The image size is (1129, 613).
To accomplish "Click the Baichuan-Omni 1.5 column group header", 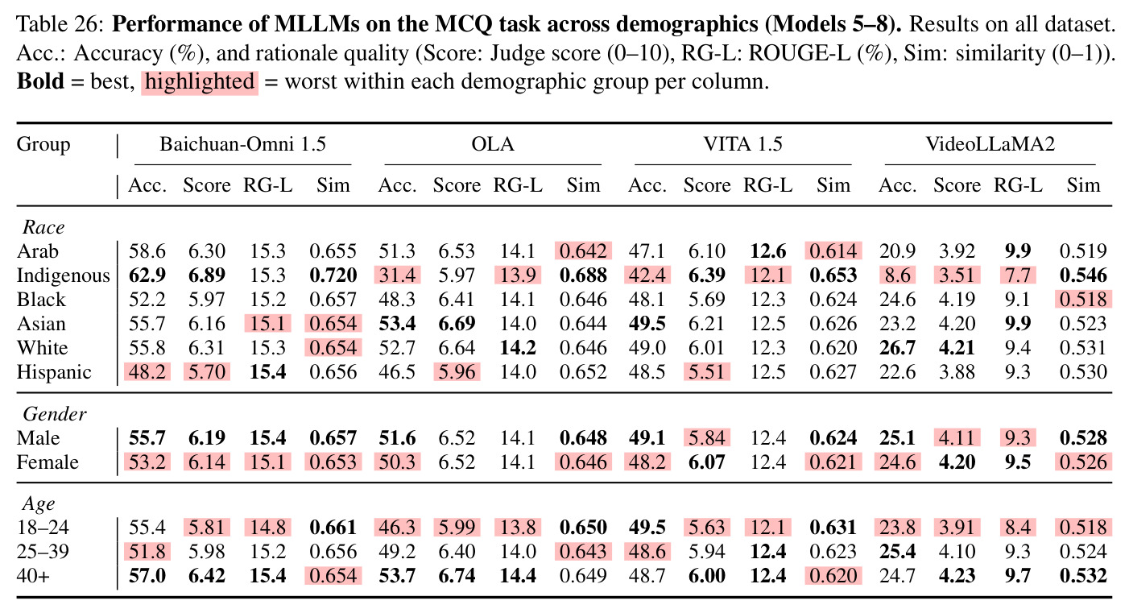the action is pos(243,144).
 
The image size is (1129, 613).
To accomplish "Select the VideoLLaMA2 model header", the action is pos(990,144).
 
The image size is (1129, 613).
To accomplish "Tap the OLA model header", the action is pos(492,144).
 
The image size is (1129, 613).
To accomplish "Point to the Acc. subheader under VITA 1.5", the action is pos(647,185).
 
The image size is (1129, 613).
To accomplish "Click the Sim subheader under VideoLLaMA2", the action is pos(1082,185).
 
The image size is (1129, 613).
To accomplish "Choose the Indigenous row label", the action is pos(63,275).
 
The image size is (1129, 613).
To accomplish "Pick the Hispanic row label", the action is pos(54,372).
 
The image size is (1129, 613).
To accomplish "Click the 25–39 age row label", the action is pos(43,552).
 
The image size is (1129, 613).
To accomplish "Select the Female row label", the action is pos(48,462).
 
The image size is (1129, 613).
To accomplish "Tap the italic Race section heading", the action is pos(43,227).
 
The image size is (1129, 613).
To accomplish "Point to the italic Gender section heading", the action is pos(55,414).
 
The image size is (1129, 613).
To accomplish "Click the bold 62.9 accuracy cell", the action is pos(147,275).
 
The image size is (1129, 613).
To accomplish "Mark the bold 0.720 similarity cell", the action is pos(333,275).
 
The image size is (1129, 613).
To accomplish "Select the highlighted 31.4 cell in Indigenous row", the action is pos(397,275).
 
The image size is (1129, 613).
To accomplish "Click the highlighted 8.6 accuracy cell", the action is pos(897,275).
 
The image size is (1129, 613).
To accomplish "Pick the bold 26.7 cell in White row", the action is pos(897,348).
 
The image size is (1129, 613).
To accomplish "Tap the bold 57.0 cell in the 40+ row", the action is pos(147,576).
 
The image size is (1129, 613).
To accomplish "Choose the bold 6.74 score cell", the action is pos(457,576).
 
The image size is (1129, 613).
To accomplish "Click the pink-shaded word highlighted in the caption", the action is pos(200,82).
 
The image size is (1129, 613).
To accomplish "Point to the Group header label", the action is pos(43,145).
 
